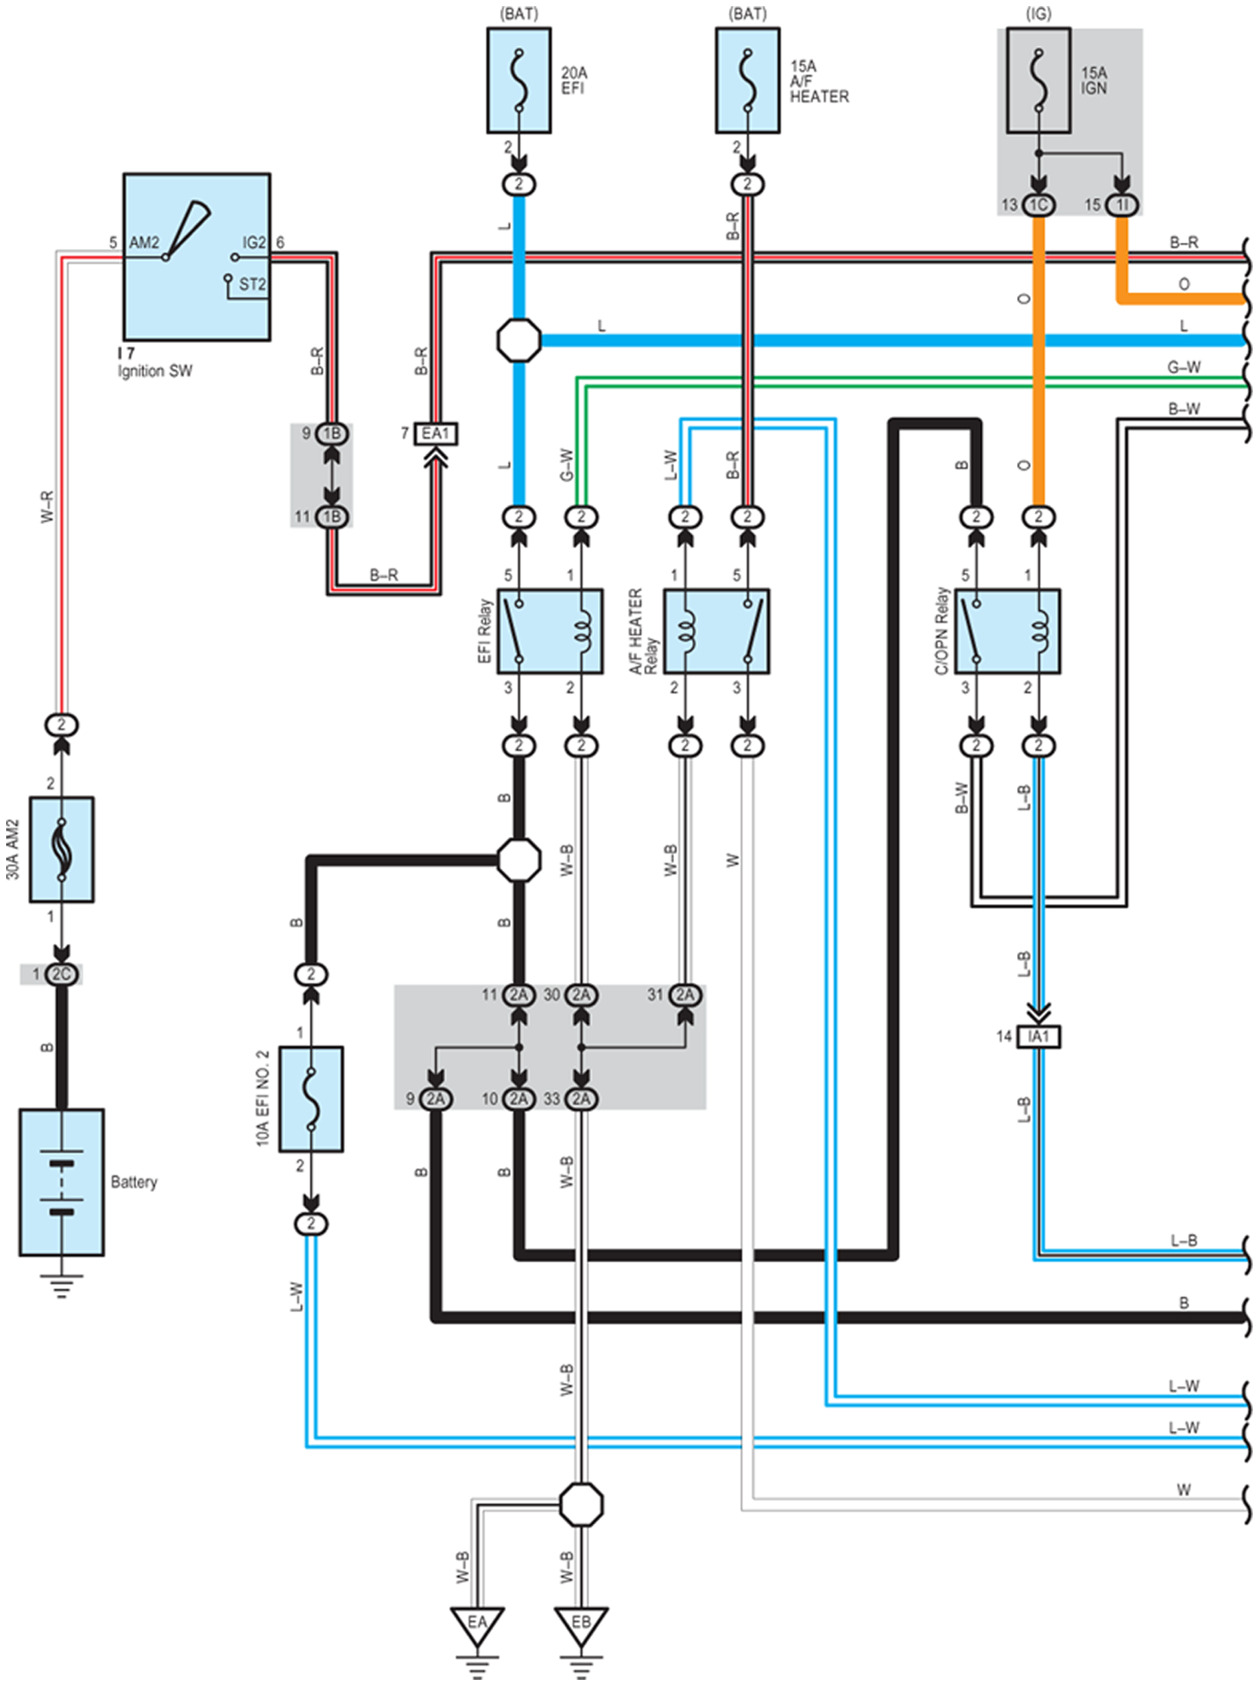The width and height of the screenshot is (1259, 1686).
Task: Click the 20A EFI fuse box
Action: click(519, 81)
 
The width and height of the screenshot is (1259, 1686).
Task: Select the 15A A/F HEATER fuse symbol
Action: click(747, 81)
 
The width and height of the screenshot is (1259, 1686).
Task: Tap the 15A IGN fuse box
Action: click(1039, 81)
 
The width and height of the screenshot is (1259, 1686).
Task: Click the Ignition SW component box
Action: click(197, 257)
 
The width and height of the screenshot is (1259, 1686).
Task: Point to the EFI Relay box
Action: click(550, 631)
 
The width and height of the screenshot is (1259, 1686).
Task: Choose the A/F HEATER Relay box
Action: click(717, 631)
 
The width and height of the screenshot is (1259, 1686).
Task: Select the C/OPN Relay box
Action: click(1007, 631)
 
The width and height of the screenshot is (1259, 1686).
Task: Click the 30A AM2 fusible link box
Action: click(62, 850)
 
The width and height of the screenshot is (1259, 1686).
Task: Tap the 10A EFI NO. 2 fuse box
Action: click(311, 1099)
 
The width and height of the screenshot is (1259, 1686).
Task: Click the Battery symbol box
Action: click(62, 1182)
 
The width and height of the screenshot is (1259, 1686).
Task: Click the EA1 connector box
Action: click(436, 434)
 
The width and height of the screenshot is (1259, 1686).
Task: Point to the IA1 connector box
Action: click(1039, 1036)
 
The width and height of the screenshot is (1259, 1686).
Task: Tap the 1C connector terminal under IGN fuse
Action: click(1039, 205)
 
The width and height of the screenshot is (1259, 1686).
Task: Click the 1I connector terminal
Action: click(1122, 205)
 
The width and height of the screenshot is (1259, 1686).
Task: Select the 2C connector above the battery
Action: click(62, 974)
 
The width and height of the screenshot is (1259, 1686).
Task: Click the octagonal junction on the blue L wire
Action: click(519, 340)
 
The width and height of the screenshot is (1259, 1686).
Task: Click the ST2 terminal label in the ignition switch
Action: click(252, 284)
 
